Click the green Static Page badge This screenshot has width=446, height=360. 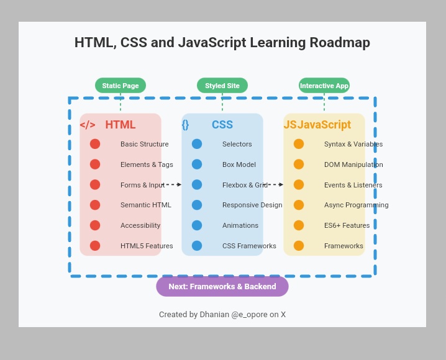pyautogui.click(x=121, y=86)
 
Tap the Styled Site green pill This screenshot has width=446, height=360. pyautogui.click(x=222, y=86)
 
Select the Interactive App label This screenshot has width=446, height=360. pyautogui.click(x=324, y=86)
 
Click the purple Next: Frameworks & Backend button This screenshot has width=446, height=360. pyautogui.click(x=222, y=287)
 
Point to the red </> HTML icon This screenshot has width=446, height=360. pyautogui.click(x=88, y=125)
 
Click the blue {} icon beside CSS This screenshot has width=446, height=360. pyautogui.click(x=185, y=125)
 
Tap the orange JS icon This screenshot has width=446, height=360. pyautogui.click(x=290, y=125)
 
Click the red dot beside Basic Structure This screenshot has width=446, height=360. pyautogui.click(x=95, y=144)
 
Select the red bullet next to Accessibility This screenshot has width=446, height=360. pyautogui.click(x=95, y=225)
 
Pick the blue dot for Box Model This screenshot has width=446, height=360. pyautogui.click(x=197, y=164)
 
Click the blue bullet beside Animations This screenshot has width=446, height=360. pyautogui.click(x=197, y=225)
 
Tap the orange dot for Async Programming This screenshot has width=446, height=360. pyautogui.click(x=299, y=205)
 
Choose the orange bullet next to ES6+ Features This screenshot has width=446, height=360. pyautogui.click(x=299, y=225)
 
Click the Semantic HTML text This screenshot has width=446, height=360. pyautogui.click(x=146, y=205)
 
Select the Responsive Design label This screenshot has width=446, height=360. pyautogui.click(x=252, y=205)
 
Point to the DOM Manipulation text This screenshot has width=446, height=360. pyautogui.click(x=353, y=164)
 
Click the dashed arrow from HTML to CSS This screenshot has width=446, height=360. pyautogui.click(x=172, y=184)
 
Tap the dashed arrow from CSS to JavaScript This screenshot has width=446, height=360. pyautogui.click(x=274, y=184)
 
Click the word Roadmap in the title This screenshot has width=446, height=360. pyautogui.click(x=340, y=43)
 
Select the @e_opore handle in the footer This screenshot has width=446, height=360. pyautogui.click(x=249, y=315)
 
